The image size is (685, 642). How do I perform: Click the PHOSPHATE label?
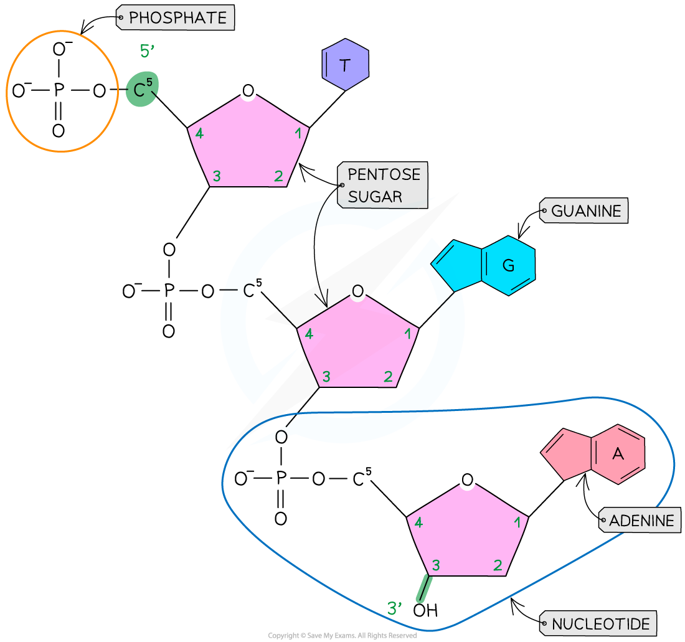pyautogui.click(x=177, y=18)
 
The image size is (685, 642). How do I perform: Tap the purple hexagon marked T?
pyautogui.click(x=346, y=65)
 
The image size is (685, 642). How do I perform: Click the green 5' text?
pyautogui.click(x=147, y=52)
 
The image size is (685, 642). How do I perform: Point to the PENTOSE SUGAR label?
pyautogui.click(x=383, y=186)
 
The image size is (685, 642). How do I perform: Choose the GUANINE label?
pyautogui.click(x=585, y=212)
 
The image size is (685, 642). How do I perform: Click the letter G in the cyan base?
pyautogui.click(x=508, y=266)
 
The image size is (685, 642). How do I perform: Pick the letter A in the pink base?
pyautogui.click(x=618, y=455)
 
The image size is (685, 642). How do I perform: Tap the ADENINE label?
pyautogui.click(x=641, y=521)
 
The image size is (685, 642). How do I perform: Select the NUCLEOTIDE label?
pyautogui.click(x=600, y=623)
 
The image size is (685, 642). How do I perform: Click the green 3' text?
pyautogui.click(x=395, y=608)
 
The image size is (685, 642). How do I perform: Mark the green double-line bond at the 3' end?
pyautogui.click(x=424, y=588)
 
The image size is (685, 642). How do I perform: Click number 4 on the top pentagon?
pyautogui.click(x=199, y=133)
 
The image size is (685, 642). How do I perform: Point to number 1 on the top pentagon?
pyautogui.click(x=298, y=133)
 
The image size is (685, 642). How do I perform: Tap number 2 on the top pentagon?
pyautogui.click(x=278, y=177)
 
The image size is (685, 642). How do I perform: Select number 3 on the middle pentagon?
pyautogui.click(x=326, y=377)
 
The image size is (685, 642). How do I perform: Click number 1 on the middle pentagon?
pyautogui.click(x=408, y=334)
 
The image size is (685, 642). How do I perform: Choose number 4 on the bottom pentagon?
pyautogui.click(x=418, y=523)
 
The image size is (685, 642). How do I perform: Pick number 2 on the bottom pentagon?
pyautogui.click(x=498, y=565)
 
